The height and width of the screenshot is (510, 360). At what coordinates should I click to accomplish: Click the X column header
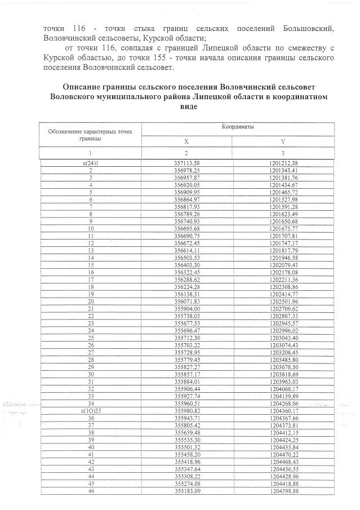pyautogui.click(x=186, y=141)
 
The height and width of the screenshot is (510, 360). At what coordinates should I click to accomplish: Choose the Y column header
pyautogui.click(x=283, y=141)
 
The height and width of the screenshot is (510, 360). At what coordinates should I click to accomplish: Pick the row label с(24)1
pyautogui.click(x=90, y=163)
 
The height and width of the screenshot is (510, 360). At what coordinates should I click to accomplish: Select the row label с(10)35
pyautogui.click(x=90, y=411)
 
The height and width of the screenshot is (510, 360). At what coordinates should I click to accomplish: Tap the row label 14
pyautogui.click(x=90, y=258)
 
